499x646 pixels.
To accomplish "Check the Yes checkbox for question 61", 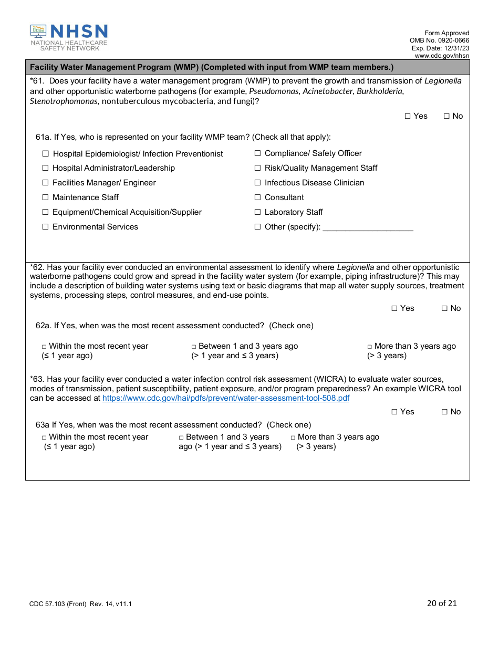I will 408,116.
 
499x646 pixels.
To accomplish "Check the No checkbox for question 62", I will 444,308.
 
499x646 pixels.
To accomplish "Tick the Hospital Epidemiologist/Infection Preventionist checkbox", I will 46,154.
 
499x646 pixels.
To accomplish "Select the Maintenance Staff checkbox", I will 46,197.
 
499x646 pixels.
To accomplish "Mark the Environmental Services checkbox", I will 46,227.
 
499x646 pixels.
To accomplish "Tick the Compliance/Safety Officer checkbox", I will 258,153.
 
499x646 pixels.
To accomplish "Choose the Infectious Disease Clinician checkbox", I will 258,183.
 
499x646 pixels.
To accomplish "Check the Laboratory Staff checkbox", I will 258,212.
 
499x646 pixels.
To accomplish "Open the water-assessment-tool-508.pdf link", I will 226,398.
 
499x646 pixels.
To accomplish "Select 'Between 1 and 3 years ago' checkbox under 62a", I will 194,347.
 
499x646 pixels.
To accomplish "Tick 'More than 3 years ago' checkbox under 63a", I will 293,437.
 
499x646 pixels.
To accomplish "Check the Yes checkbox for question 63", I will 394,412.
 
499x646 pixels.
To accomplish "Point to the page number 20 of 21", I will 442,603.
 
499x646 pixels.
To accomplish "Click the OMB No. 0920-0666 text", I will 440,40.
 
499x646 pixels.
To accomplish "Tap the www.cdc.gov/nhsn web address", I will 442,56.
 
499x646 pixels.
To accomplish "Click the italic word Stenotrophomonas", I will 64,101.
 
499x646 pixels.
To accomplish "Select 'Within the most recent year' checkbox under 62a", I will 45,347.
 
